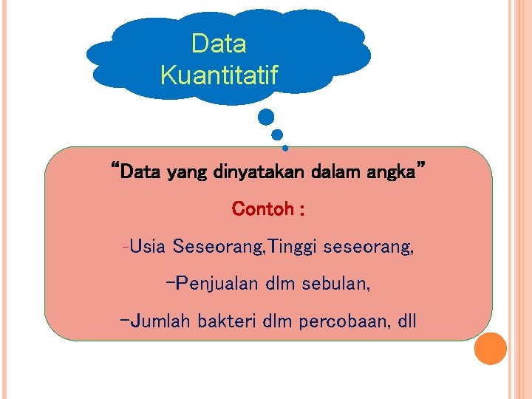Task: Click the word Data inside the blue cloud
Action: point(219,44)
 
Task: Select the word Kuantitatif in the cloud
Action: point(219,75)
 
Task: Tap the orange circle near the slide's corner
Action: point(490,348)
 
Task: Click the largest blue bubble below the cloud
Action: point(266,117)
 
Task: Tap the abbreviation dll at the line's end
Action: point(406,322)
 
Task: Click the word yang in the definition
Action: point(188,174)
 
